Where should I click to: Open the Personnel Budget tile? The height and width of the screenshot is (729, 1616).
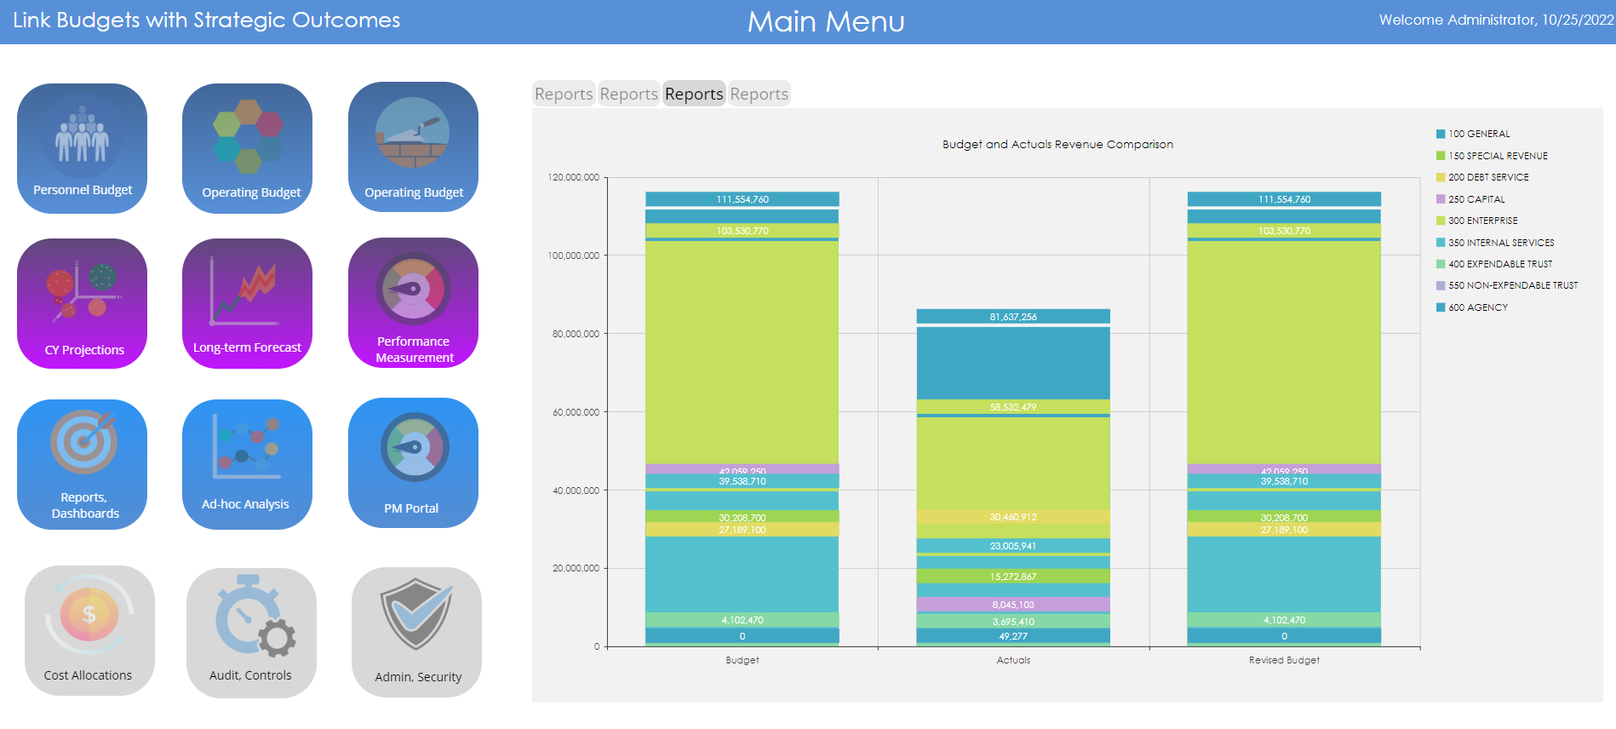click(82, 148)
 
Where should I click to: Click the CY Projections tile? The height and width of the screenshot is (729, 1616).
click(82, 303)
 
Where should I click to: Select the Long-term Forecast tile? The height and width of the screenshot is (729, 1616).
click(247, 303)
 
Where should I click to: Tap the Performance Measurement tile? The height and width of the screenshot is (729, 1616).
click(413, 303)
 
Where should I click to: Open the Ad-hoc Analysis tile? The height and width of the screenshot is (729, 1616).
click(247, 464)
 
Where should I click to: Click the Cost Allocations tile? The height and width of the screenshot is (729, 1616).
click(89, 630)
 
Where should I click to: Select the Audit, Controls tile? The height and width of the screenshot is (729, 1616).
click(251, 633)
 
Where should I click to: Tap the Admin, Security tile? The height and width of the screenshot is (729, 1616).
click(416, 632)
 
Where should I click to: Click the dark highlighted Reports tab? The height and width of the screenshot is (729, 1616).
click(694, 94)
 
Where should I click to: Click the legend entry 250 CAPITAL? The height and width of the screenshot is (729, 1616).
click(1476, 199)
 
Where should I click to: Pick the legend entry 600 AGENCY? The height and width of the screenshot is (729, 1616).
click(1478, 307)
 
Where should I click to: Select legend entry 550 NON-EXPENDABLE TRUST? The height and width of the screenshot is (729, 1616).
click(1512, 285)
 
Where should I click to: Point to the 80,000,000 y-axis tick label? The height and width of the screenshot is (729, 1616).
click(576, 334)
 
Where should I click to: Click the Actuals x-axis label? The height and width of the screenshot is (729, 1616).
click(1013, 660)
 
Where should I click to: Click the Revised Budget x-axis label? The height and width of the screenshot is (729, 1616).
click(1284, 660)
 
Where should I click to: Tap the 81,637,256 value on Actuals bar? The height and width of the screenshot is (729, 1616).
click(1013, 317)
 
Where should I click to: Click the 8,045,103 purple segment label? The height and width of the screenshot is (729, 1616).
click(1013, 605)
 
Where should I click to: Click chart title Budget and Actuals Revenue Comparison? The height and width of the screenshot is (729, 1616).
click(1057, 145)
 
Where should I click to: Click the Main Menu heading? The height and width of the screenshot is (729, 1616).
click(826, 21)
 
